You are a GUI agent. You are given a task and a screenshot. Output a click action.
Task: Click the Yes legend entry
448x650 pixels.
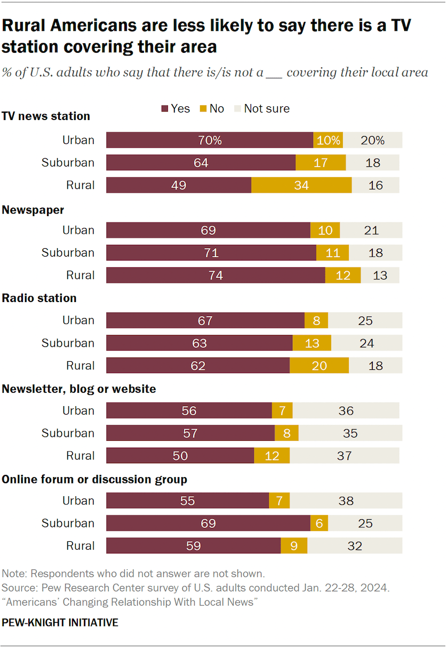(175, 108)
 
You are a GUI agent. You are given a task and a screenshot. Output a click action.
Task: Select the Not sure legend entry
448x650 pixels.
(262, 108)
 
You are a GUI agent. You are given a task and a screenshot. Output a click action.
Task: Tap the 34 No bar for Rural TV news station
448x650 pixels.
(301, 185)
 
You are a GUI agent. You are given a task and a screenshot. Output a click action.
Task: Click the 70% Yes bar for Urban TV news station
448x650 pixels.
(210, 140)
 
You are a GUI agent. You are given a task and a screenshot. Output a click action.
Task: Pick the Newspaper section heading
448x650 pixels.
(33, 210)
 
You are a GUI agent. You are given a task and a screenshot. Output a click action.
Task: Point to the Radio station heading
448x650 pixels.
(39, 298)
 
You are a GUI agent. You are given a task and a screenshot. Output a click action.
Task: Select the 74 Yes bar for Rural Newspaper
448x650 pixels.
(215, 275)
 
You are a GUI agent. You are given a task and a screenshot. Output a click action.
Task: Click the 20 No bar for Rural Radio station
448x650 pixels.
(319, 366)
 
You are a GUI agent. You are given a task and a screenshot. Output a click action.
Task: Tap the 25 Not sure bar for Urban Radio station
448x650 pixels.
(365, 320)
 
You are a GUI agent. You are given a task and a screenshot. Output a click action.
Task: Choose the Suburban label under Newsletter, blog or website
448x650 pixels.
(68, 433)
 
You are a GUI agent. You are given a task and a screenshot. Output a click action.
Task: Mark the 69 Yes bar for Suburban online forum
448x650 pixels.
(208, 524)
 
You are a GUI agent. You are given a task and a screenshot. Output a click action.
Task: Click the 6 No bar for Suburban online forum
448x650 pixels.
(319, 524)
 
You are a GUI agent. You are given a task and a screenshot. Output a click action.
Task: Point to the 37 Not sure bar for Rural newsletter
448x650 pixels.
(344, 456)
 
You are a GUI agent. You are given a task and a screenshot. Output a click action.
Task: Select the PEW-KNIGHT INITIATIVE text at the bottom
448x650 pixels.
(60, 623)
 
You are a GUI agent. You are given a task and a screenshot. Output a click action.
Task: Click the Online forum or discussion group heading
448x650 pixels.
(94, 479)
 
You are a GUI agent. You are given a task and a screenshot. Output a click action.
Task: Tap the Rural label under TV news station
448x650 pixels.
(81, 185)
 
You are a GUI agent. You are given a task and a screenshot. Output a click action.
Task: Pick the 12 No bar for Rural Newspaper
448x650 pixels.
(343, 275)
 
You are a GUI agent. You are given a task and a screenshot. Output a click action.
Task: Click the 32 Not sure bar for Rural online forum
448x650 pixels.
(355, 546)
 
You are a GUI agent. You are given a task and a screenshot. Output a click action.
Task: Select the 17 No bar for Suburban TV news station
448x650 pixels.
(321, 163)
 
